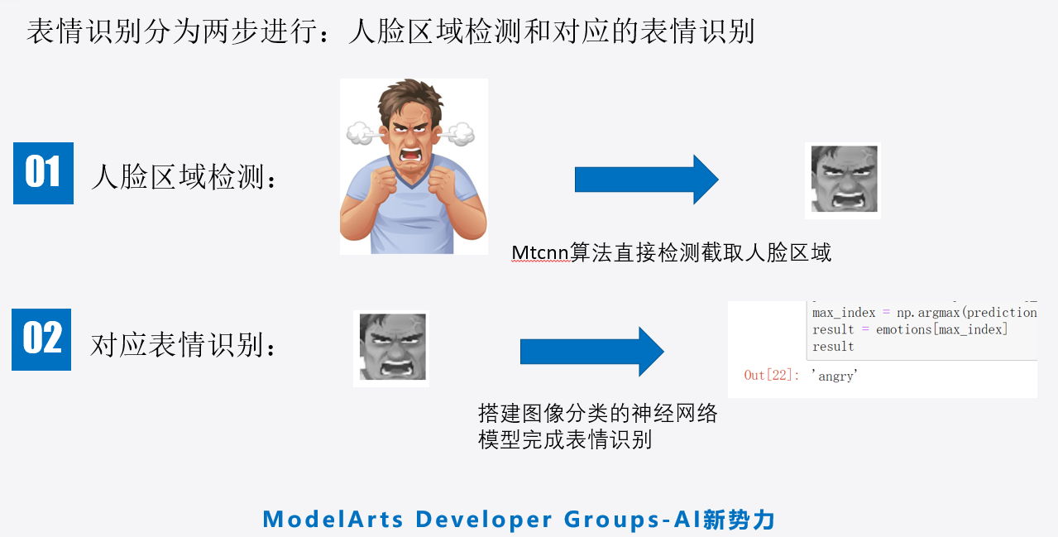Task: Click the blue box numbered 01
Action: tap(44, 173)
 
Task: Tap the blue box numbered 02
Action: tap(41, 339)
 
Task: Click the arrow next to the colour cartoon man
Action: tap(647, 180)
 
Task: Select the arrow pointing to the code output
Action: tap(592, 352)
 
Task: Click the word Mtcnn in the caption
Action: tap(540, 253)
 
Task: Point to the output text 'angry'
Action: tap(835, 376)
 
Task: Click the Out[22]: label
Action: tap(771, 375)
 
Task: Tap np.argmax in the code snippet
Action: tap(928, 313)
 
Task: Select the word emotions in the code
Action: tap(903, 329)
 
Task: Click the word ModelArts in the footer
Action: tap(333, 519)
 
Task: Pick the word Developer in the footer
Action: tap(484, 520)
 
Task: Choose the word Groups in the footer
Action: tap(612, 520)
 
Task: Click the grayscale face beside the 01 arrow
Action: tap(844, 180)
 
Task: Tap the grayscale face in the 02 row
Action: tap(392, 348)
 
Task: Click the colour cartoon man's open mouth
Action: tap(411, 156)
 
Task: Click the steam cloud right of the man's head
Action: tap(457, 134)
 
